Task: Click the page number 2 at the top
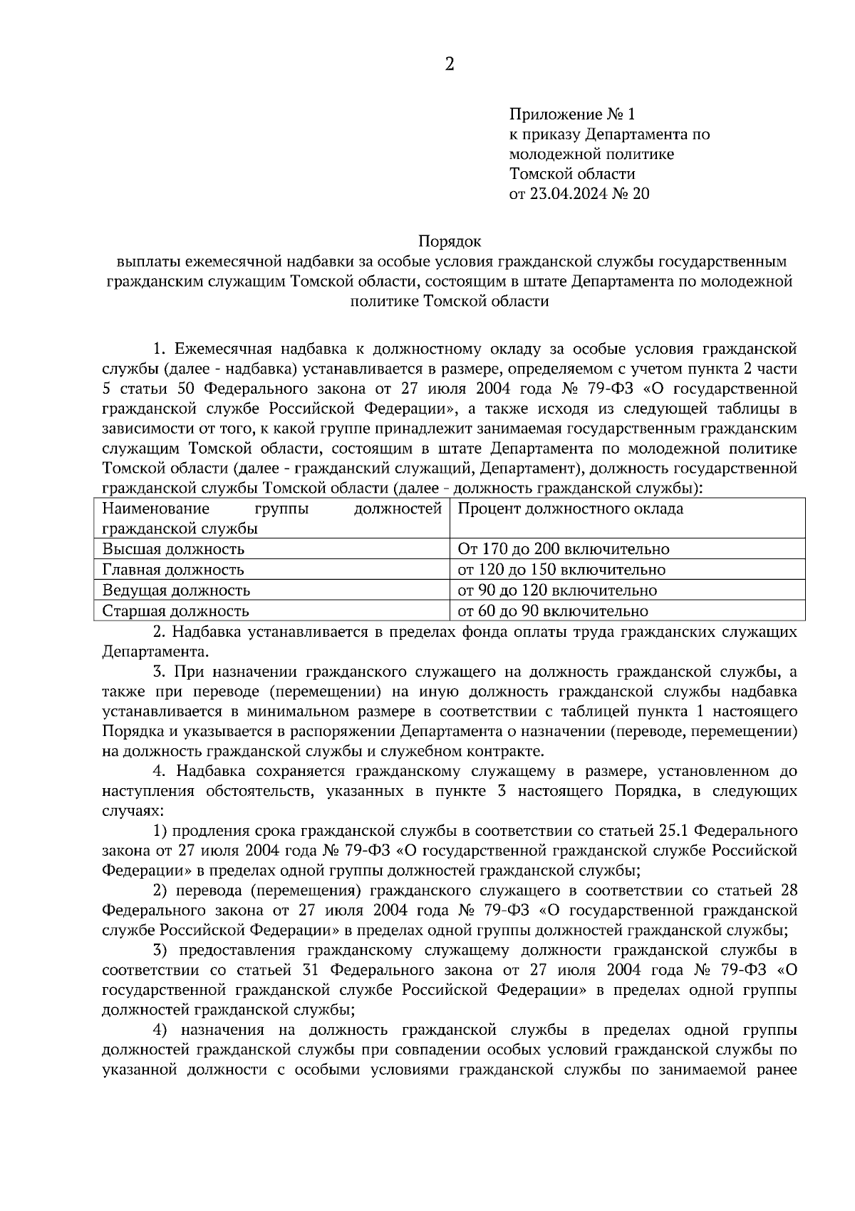(449, 65)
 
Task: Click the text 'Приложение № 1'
(571, 114)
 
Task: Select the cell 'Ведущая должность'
(176, 591)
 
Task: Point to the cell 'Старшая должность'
(175, 611)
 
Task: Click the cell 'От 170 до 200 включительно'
(563, 549)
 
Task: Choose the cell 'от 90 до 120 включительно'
(556, 591)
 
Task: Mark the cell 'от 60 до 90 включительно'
(552, 611)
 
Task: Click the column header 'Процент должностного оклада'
(570, 509)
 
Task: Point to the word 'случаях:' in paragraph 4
(133, 812)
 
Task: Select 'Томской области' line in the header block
(572, 174)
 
